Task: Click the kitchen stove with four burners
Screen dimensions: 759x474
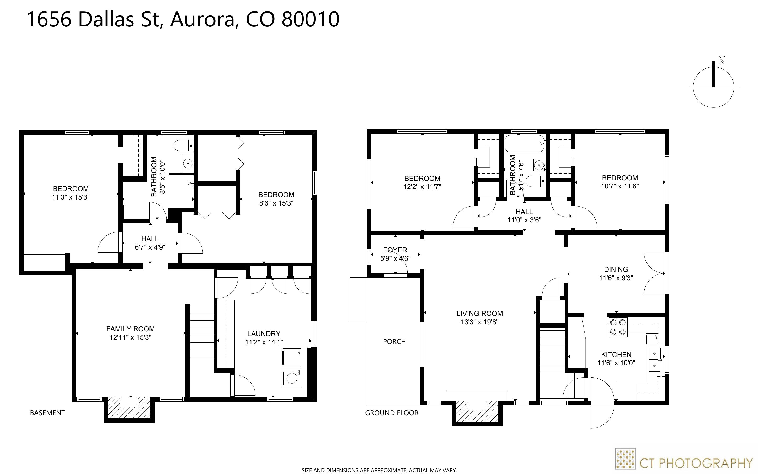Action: (618, 327)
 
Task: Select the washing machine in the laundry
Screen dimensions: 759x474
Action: (292, 378)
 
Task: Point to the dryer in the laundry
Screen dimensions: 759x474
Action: (292, 357)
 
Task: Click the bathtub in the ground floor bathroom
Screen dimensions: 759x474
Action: (525, 144)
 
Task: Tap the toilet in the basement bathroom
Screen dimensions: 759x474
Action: (183, 146)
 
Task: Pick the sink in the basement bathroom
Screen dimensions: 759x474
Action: (188, 163)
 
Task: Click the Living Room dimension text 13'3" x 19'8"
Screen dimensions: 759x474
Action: (479, 322)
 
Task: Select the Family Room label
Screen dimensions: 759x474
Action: (130, 329)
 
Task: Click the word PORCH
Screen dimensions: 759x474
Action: (394, 341)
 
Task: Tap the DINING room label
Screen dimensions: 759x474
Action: (616, 269)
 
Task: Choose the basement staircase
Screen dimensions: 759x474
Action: (202, 332)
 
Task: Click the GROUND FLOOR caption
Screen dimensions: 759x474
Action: (392, 413)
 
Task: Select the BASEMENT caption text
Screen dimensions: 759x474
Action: (47, 413)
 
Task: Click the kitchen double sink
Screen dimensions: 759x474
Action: (655, 359)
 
